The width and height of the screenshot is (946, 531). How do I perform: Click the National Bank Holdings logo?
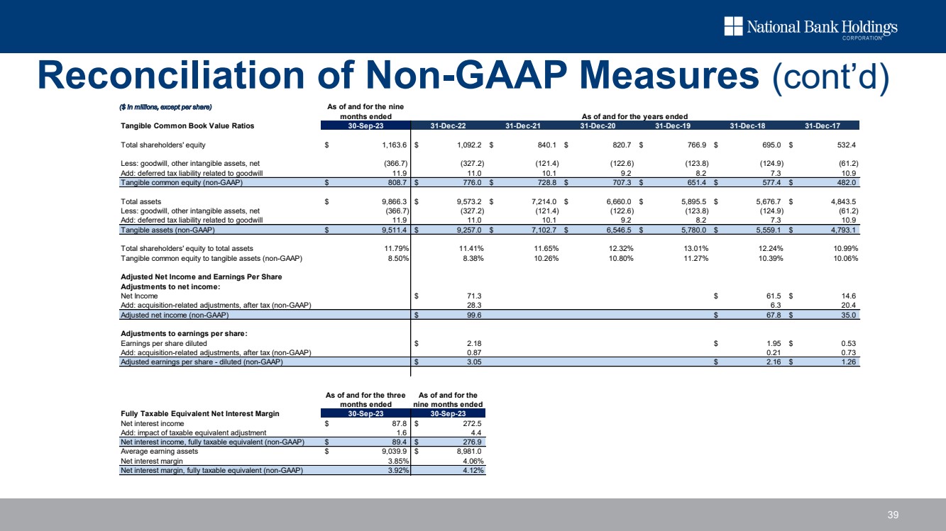810,28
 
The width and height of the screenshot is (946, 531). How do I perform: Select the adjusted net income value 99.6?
473,315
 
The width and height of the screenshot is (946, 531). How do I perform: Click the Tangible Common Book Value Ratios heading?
187,125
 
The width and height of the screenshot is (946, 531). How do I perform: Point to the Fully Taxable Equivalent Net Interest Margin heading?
200,413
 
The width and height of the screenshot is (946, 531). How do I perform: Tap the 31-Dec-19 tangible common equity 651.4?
692,182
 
